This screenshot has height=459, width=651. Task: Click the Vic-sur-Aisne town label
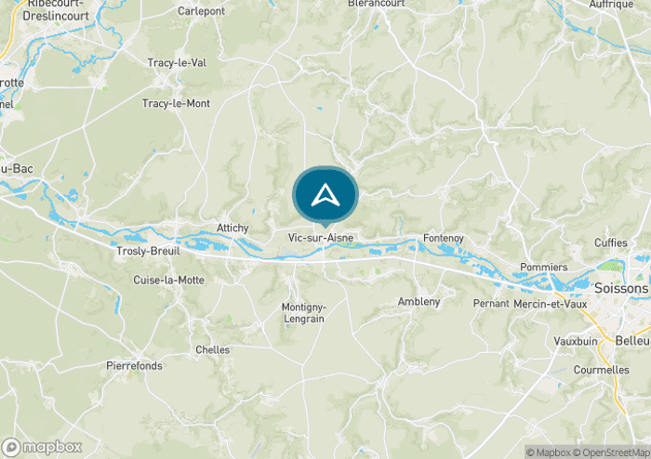click(321, 238)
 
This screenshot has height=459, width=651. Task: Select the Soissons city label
click(622, 289)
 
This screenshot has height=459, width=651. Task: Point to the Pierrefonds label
click(134, 366)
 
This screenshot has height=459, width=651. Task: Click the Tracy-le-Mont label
click(176, 103)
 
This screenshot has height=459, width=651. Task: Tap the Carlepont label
click(201, 11)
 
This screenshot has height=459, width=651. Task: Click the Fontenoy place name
click(443, 239)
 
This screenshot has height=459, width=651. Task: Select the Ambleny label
click(418, 302)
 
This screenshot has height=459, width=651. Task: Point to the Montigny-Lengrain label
click(303, 312)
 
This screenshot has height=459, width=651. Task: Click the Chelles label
click(212, 349)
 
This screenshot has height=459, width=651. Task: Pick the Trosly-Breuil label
click(148, 251)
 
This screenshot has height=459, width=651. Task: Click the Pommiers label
click(544, 267)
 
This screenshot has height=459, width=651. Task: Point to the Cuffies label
click(611, 243)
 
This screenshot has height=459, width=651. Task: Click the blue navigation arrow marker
click(325, 195)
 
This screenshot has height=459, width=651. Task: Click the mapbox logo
click(42, 447)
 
